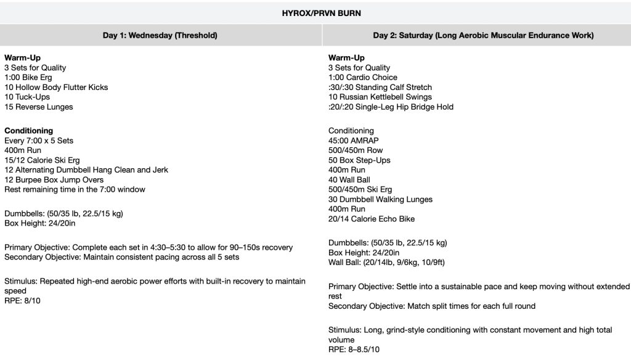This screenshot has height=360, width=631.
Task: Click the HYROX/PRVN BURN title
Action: click(x=315, y=12)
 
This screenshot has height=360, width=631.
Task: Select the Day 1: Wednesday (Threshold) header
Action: click(x=160, y=36)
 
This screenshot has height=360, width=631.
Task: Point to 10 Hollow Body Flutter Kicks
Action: click(x=56, y=88)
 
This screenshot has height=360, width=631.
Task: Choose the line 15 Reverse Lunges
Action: click(x=38, y=107)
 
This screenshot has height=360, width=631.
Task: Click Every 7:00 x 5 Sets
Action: click(x=39, y=141)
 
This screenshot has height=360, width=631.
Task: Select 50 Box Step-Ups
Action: click(x=359, y=160)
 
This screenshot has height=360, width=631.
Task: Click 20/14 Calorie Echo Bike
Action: click(x=371, y=219)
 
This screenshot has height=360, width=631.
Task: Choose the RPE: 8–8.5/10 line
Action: click(x=354, y=350)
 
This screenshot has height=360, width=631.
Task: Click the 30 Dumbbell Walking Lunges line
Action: click(x=380, y=200)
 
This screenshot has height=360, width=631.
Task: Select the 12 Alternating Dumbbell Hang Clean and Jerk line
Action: click(x=86, y=170)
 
